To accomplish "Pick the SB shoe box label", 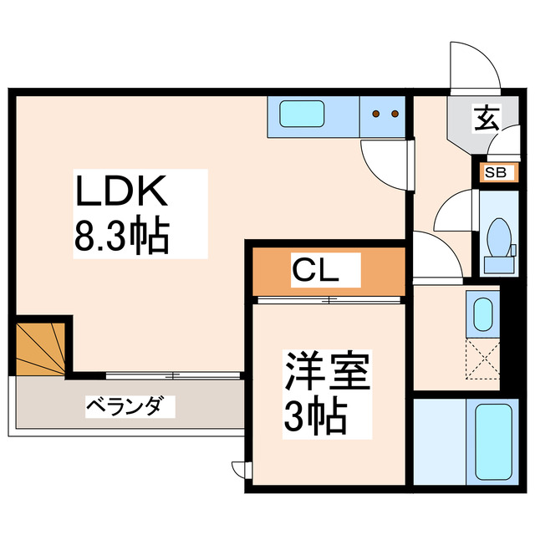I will click(495, 174).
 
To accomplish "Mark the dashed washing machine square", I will click(481, 356).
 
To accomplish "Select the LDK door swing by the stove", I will click(385, 163).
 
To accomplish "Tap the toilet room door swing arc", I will click(456, 213).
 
